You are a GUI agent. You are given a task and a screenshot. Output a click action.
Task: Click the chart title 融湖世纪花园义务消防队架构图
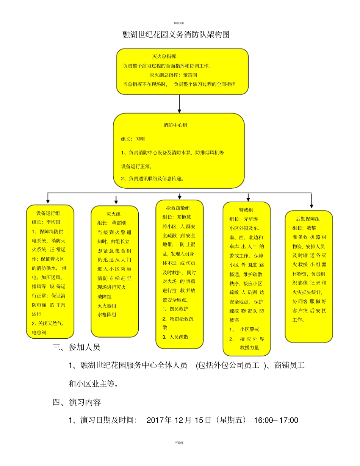click(176, 34)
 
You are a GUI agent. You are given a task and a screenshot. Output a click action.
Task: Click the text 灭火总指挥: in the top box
click(165, 56)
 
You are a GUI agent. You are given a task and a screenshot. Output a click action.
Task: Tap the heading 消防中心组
click(175, 125)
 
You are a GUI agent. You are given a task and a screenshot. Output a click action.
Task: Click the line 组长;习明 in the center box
click(133, 139)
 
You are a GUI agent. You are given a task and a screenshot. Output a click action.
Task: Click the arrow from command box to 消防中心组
click(180, 104)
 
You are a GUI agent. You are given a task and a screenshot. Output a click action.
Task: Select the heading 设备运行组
click(48, 213)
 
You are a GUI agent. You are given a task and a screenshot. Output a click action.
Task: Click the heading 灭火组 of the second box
click(114, 214)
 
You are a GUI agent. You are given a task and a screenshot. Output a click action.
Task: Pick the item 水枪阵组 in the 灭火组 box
click(107, 314)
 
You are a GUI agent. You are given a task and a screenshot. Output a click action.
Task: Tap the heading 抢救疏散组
click(178, 208)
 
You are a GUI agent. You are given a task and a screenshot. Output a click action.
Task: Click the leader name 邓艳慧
click(184, 217)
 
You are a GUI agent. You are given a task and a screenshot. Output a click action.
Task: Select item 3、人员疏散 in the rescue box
click(175, 337)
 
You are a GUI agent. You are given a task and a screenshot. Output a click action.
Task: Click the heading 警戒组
click(246, 210)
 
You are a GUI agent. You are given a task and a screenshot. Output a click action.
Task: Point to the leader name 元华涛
click(251, 219)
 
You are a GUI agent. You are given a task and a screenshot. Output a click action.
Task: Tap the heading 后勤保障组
click(308, 219)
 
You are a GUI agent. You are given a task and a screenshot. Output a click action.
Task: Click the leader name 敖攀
click(311, 228)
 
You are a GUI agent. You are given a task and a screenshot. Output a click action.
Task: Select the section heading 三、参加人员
click(76, 347)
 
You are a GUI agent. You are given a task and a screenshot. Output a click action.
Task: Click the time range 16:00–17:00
click(276, 420)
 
